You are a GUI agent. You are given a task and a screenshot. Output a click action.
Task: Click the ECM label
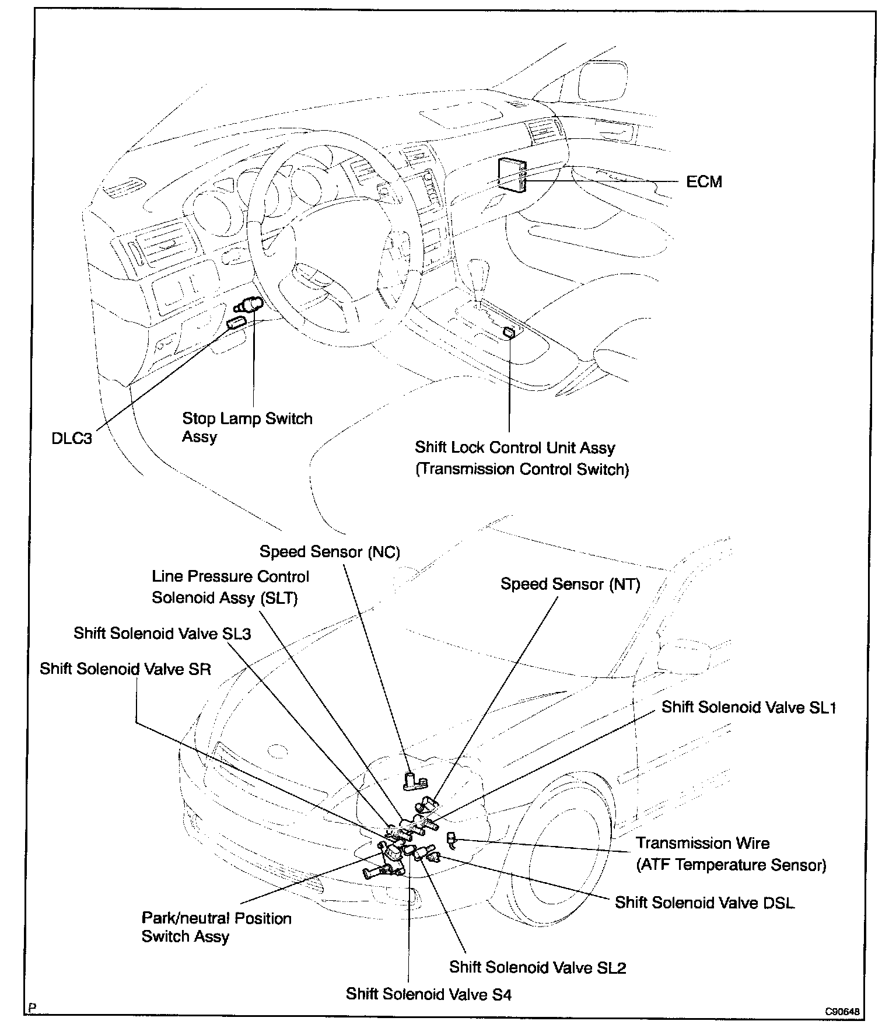point(704,182)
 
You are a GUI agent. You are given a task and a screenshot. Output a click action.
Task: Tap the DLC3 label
point(72,438)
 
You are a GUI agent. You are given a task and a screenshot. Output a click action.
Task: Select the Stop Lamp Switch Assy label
point(247,427)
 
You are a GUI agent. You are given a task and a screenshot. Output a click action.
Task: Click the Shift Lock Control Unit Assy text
point(515,448)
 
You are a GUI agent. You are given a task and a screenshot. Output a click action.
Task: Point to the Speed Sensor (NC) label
point(330,552)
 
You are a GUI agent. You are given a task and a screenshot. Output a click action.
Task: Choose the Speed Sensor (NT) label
point(570,584)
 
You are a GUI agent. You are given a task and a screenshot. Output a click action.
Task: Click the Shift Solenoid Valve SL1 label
point(748,708)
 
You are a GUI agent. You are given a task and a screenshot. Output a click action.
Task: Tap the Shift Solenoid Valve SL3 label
point(162,634)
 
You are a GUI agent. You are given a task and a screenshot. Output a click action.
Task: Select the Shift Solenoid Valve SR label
point(125,669)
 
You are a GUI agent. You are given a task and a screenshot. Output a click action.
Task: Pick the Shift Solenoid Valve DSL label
point(704,903)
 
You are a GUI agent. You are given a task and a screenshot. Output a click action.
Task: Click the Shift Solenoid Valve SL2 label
point(537,967)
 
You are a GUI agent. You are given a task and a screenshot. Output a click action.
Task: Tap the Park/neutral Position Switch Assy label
point(216,927)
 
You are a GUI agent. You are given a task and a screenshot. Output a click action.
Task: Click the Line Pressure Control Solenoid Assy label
point(230,587)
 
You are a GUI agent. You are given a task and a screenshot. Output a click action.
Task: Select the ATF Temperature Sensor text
point(731,865)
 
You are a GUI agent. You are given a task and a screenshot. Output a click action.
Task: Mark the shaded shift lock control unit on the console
point(509,333)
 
